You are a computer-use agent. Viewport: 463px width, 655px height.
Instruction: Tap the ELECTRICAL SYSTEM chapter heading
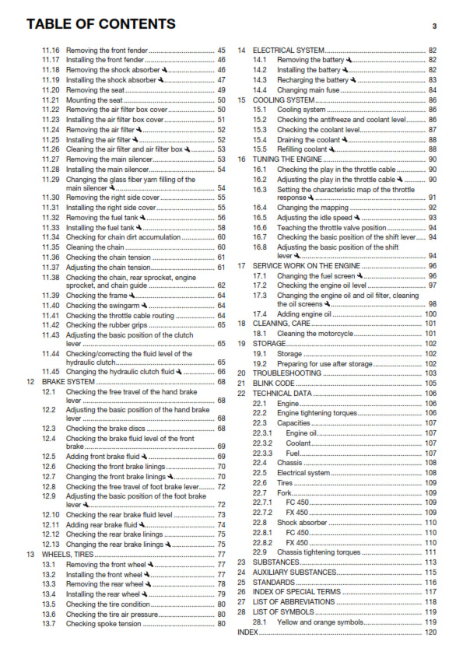(x=283, y=50)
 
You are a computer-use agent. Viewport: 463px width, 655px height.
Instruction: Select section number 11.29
(x=51, y=179)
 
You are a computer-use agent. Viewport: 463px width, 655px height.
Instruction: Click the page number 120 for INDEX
(x=430, y=633)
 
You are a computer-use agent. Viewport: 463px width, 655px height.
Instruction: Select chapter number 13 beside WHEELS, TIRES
(x=30, y=554)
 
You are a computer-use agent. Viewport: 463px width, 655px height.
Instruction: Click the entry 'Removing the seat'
(x=94, y=90)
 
